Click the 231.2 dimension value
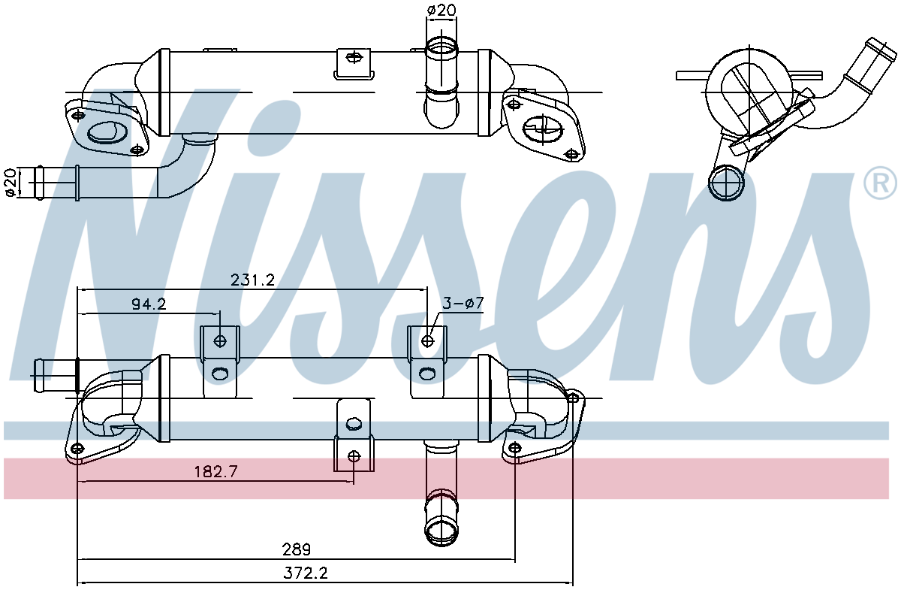coord(252,280)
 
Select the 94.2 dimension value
coord(148,304)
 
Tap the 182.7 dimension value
coord(215,471)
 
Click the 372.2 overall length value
coord(305,573)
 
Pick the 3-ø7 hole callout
coord(463,304)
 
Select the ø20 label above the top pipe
coord(441,10)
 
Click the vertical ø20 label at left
coord(11,183)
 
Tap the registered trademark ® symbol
coord(880,183)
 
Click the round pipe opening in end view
coord(726,183)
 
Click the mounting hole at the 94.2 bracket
coord(220,341)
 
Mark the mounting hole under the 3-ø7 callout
coord(427,341)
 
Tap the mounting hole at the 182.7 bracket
coord(354,455)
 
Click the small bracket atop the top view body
coord(352,61)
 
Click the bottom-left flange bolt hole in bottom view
coord(77,449)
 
